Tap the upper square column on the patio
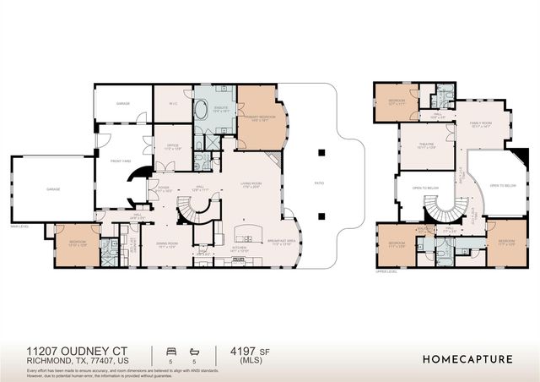pos(321,152)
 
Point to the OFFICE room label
pos(171,147)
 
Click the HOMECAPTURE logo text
pos(467,359)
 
